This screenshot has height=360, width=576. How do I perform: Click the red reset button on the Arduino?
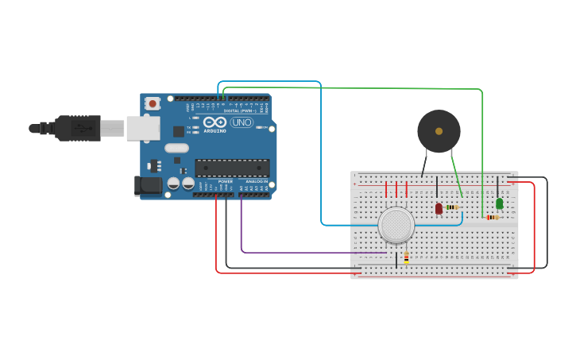coord(152,103)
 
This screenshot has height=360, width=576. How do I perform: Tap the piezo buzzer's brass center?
coord(439,131)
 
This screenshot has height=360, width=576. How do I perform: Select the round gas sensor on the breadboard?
coord(396,225)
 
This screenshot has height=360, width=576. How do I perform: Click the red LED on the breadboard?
coord(439,208)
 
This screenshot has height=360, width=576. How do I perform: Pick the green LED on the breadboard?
coord(499,203)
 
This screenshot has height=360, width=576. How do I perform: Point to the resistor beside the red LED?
coord(452,207)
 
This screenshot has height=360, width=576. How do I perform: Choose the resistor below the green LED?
coord(493,217)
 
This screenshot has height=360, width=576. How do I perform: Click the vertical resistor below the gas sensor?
coord(406,257)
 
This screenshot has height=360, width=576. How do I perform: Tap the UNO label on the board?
coord(242,122)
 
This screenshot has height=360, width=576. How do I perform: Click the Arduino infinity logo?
coord(215,122)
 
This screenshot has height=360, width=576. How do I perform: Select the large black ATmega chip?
coord(232,168)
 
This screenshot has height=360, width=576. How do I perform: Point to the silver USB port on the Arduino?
coord(143,128)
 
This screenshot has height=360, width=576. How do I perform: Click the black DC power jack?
coord(149,186)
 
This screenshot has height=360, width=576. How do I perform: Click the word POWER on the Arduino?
coord(225,181)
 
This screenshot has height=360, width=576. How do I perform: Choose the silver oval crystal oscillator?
coord(176,148)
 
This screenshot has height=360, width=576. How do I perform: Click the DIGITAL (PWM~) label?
coord(240,110)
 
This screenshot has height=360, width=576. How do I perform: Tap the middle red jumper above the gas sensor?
coord(396,189)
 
